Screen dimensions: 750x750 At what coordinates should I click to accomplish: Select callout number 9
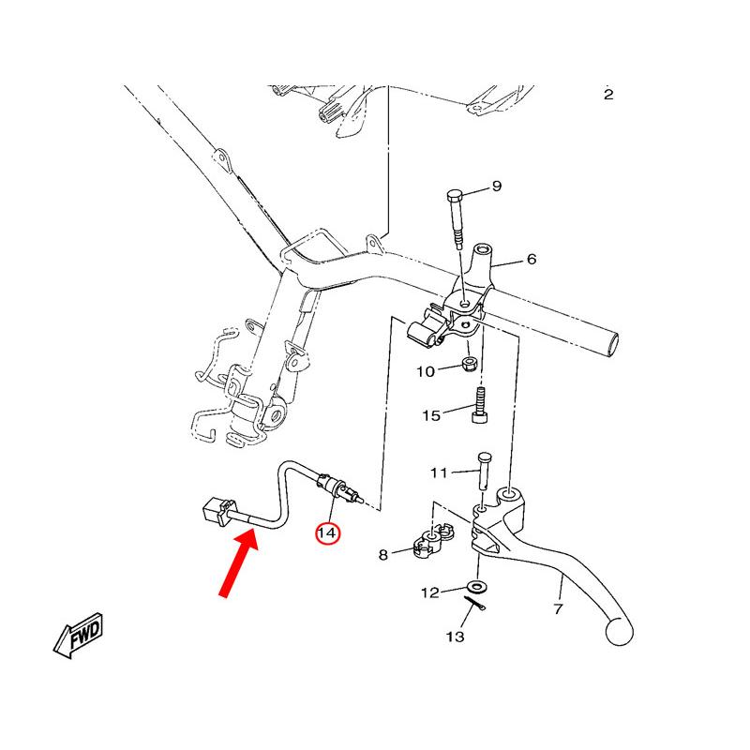(497, 187)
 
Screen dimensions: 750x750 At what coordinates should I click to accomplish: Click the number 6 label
(532, 259)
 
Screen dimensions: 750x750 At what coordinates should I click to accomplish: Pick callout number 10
(426, 371)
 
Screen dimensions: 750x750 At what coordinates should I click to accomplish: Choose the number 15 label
(430, 415)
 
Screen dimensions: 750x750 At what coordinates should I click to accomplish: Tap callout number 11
(440, 472)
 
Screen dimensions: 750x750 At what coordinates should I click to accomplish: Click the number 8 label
(382, 556)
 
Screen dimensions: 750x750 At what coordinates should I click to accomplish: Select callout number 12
(429, 592)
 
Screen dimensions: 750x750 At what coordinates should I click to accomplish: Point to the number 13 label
(455, 637)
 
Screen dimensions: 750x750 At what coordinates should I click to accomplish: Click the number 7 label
(558, 609)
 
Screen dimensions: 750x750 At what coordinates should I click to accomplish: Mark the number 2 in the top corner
(608, 95)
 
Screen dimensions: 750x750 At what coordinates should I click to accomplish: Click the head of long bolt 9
(455, 196)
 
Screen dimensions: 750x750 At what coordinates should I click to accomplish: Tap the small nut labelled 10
(472, 363)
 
